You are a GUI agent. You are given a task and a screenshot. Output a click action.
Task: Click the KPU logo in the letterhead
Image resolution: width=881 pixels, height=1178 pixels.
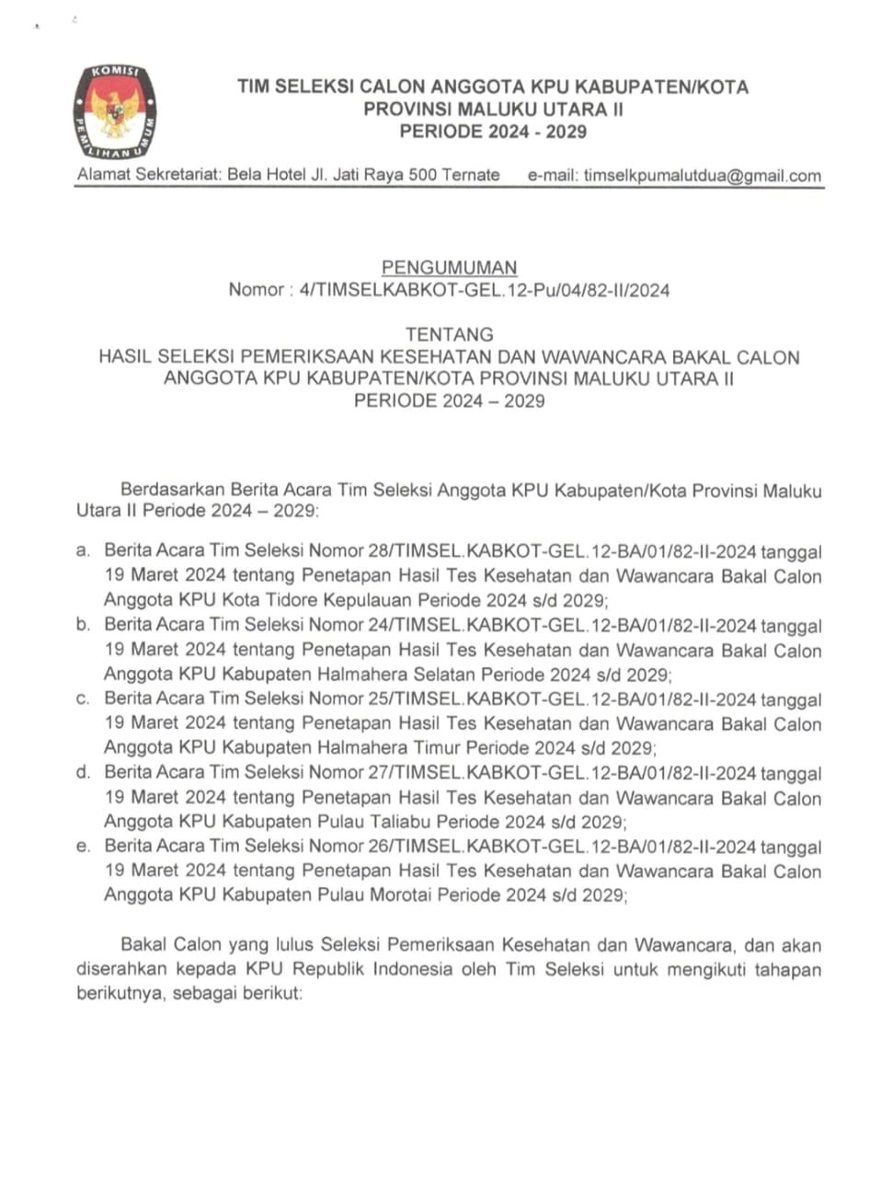pyautogui.click(x=114, y=110)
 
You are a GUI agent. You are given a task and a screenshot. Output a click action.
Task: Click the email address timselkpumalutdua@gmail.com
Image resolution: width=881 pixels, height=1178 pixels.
pyautogui.click(x=702, y=176)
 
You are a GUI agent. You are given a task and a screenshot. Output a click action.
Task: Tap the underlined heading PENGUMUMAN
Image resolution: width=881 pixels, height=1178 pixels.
pyautogui.click(x=450, y=268)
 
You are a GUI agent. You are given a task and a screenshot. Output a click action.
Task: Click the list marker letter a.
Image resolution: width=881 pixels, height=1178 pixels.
pyautogui.click(x=83, y=551)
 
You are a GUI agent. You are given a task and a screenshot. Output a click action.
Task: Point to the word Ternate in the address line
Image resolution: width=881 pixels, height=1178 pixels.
pyautogui.click(x=470, y=175)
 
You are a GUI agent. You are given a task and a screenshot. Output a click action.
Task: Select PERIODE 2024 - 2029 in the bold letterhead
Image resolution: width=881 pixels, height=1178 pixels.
pyautogui.click(x=492, y=132)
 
